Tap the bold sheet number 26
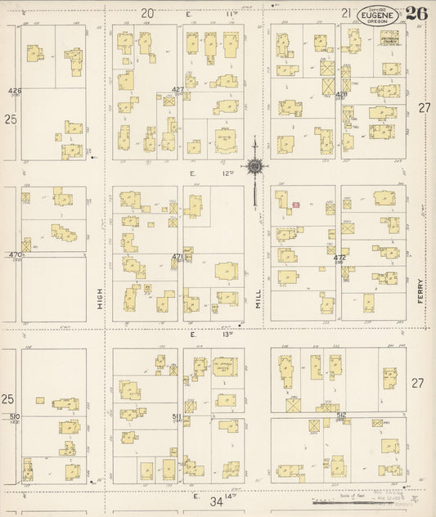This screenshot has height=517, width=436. [416, 13]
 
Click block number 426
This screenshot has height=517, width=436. [15, 90]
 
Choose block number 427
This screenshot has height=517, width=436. [178, 89]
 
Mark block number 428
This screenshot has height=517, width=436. [341, 94]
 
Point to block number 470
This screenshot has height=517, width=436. [14, 255]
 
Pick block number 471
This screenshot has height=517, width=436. [177, 257]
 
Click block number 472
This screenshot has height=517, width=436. [339, 258]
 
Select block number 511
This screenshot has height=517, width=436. [177, 416]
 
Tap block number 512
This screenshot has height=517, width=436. [341, 415]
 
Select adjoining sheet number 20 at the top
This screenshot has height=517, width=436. [146, 12]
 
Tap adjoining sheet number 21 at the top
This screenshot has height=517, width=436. [346, 12]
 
